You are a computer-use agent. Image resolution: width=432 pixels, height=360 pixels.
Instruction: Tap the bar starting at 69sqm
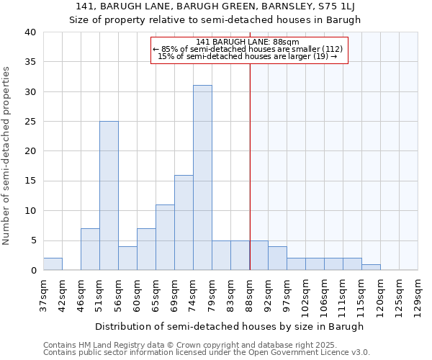click(184, 222)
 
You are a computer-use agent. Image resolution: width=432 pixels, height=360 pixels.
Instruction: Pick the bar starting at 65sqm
click(165, 238)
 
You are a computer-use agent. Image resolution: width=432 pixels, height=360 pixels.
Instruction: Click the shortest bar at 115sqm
click(371, 267)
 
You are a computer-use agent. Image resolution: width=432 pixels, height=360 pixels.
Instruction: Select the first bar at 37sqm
click(53, 264)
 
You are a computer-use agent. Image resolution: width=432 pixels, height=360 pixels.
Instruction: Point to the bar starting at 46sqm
click(90, 249)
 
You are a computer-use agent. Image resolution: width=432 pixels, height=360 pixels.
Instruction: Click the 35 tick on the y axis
click(30, 62)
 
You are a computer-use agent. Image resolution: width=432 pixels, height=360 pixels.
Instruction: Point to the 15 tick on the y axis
click(30, 181)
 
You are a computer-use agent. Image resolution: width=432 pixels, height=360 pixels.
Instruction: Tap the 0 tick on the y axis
click(32, 271)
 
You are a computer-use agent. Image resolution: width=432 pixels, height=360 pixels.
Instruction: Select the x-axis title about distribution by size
click(230, 326)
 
